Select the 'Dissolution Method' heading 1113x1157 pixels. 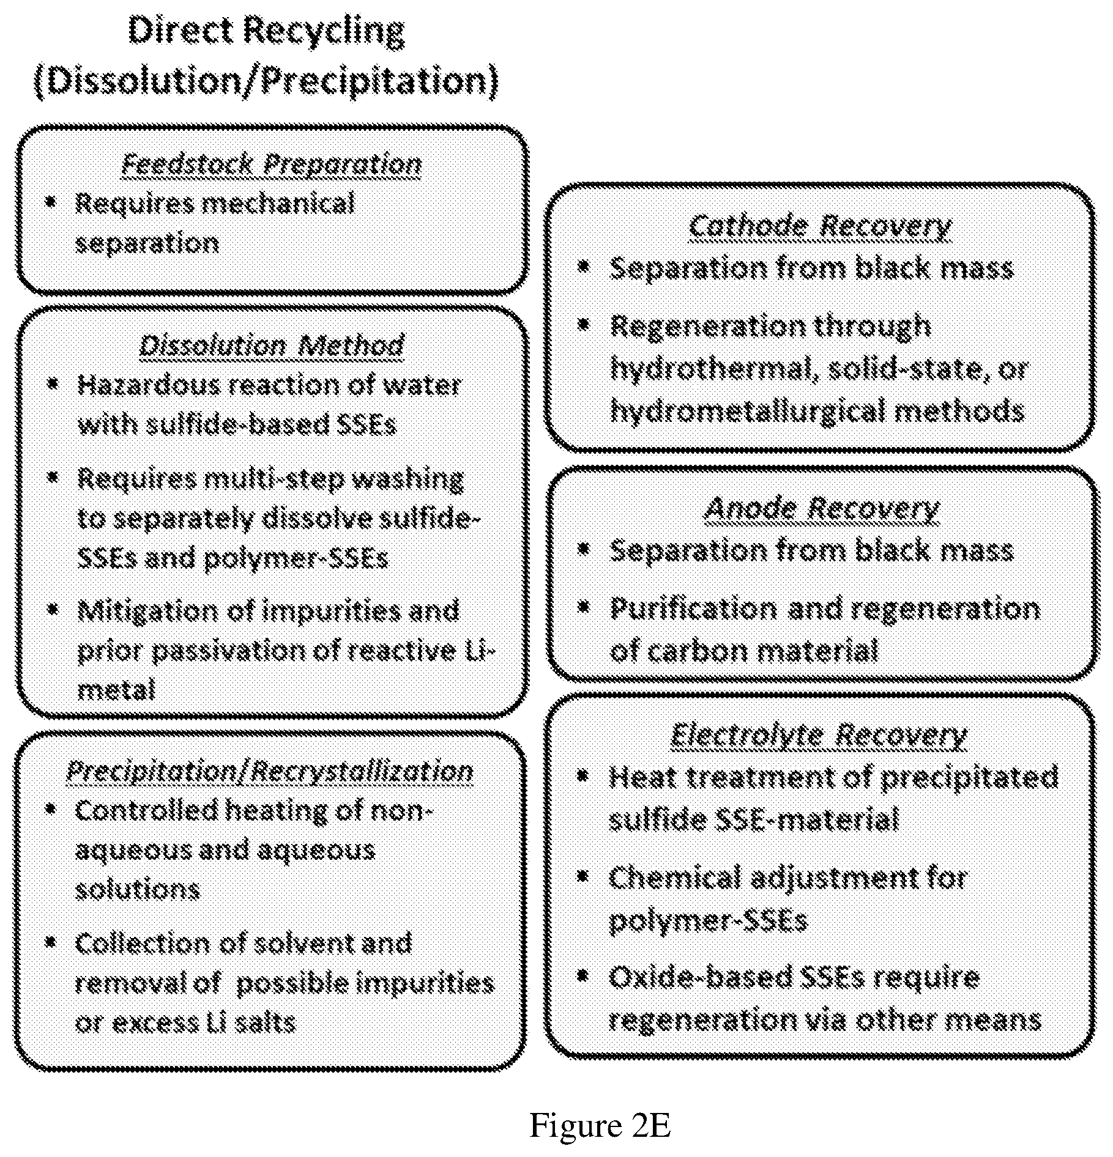pyautogui.click(x=272, y=346)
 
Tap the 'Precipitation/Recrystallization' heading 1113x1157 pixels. pyautogui.click(x=270, y=772)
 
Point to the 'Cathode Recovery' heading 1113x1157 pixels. pyautogui.click(x=820, y=226)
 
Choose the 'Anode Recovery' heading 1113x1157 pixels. pyautogui.click(x=822, y=509)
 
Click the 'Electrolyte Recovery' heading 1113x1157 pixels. pyautogui.click(x=819, y=734)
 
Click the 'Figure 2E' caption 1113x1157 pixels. pyautogui.click(x=600, y=1126)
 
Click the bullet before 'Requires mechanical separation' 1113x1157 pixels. pyautogui.click(x=51, y=201)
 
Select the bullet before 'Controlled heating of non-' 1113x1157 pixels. pyautogui.click(x=51, y=809)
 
